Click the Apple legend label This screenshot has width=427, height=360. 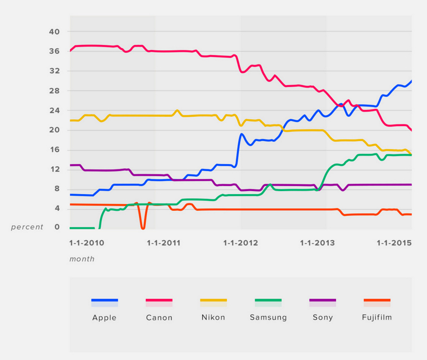(104, 318)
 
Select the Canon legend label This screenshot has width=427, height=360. (159, 318)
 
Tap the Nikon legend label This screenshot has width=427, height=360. (213, 317)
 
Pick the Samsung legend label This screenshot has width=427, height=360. (268, 318)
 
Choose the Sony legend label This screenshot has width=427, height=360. (323, 318)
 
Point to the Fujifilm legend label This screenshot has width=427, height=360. (377, 317)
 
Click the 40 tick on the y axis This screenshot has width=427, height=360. (55, 32)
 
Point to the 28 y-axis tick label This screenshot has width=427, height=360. (55, 91)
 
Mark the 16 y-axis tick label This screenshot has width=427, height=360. (55, 150)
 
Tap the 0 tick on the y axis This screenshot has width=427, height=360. (57, 227)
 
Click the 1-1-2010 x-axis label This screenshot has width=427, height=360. (87, 243)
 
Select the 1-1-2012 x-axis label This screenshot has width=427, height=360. (240, 243)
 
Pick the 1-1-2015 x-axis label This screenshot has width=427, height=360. (393, 243)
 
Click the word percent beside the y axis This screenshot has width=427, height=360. (27, 227)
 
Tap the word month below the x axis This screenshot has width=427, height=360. (82, 259)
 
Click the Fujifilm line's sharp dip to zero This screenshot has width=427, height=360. (143, 228)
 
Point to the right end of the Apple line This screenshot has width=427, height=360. (411, 81)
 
